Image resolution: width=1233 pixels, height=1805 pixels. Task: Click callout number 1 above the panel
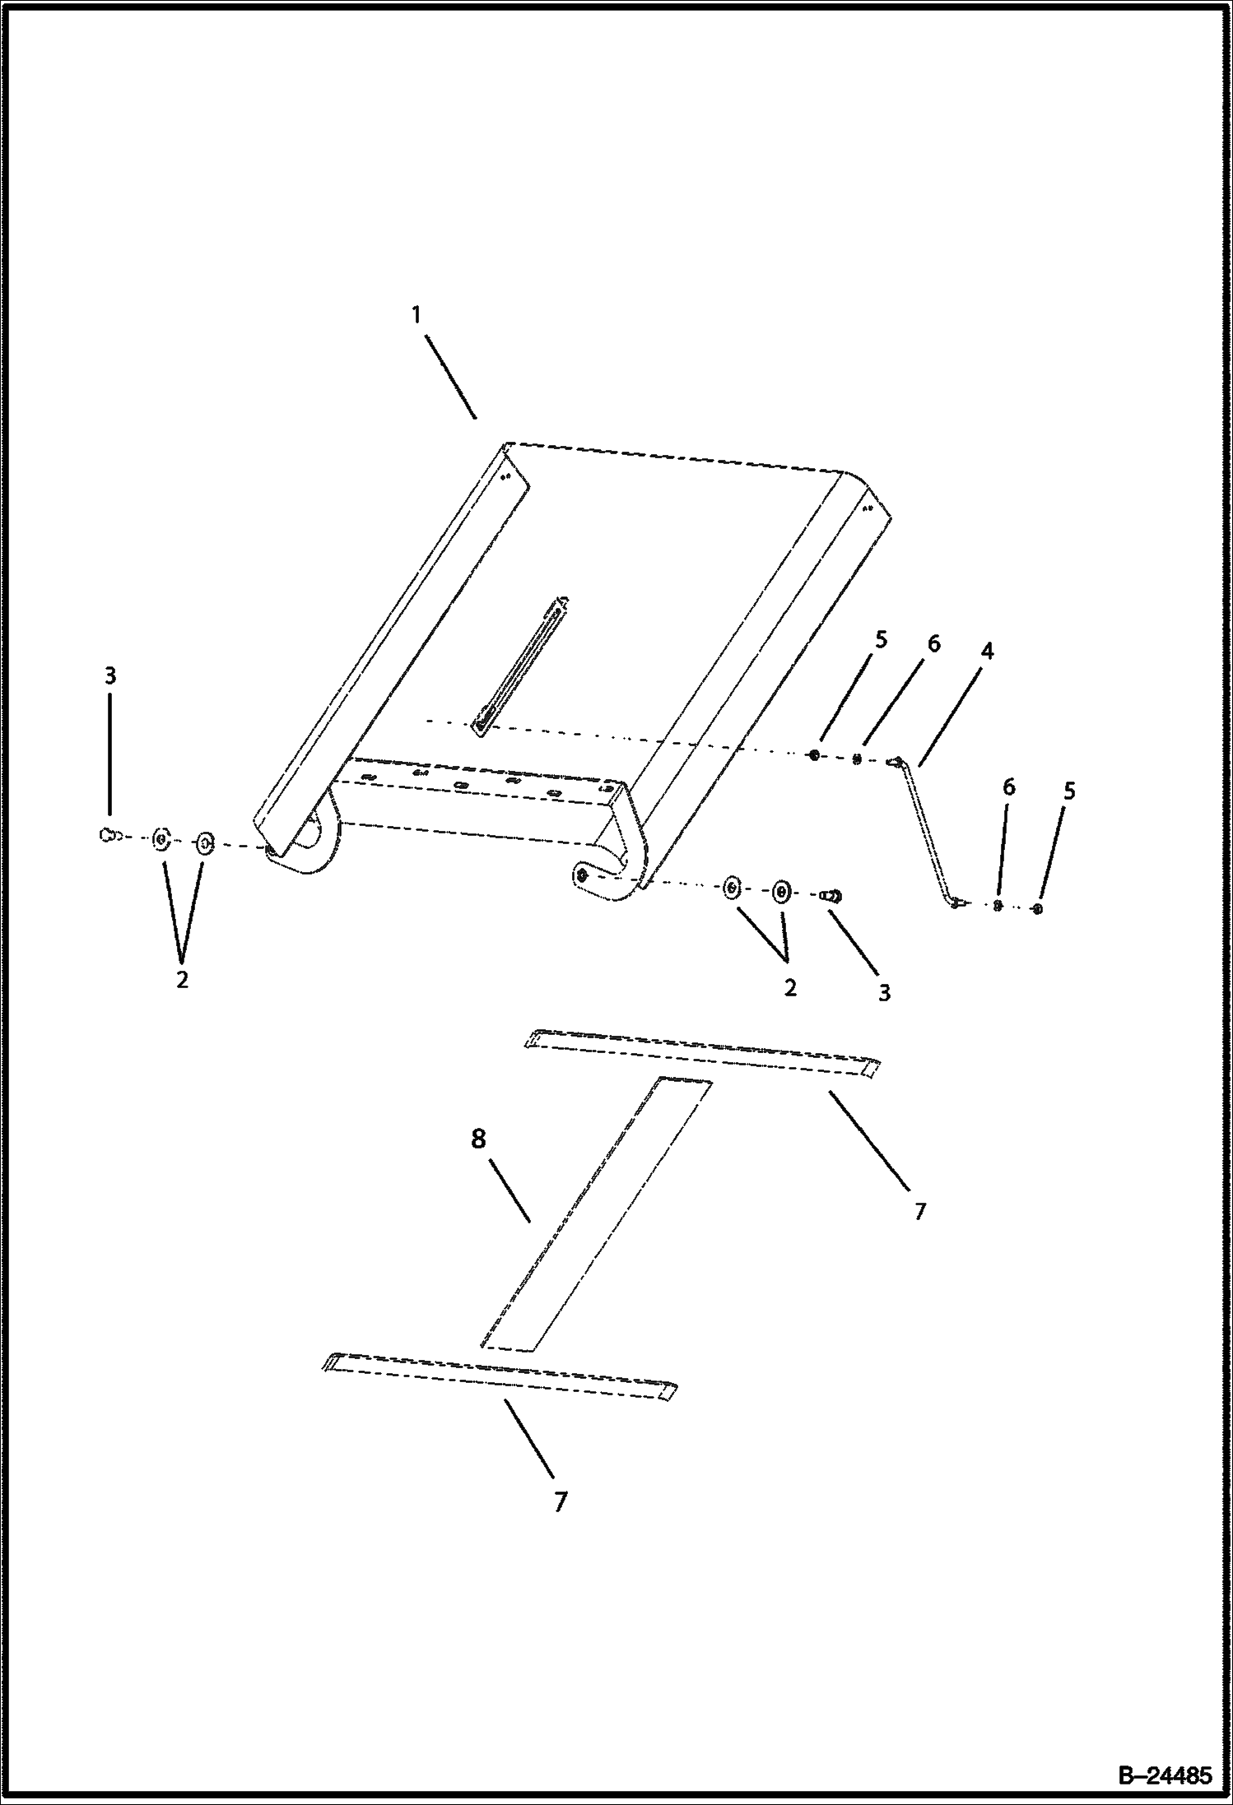(417, 315)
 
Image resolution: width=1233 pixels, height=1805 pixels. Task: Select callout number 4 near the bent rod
(987, 652)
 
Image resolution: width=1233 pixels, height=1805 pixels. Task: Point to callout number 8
(478, 1139)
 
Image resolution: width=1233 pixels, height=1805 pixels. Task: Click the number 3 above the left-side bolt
(109, 676)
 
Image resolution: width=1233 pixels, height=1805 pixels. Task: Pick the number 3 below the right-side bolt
(884, 993)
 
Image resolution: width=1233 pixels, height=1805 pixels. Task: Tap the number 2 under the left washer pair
(182, 979)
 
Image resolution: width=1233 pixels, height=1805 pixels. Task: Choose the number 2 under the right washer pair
(790, 988)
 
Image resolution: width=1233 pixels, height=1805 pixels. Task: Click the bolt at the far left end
(105, 836)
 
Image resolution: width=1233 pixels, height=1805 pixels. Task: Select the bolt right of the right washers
(830, 896)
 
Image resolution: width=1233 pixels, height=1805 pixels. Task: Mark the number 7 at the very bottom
(561, 1502)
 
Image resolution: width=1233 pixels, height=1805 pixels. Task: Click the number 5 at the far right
(1068, 791)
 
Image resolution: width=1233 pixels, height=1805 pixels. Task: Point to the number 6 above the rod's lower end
(1008, 787)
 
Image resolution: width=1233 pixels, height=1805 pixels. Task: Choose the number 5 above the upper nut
(882, 639)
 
